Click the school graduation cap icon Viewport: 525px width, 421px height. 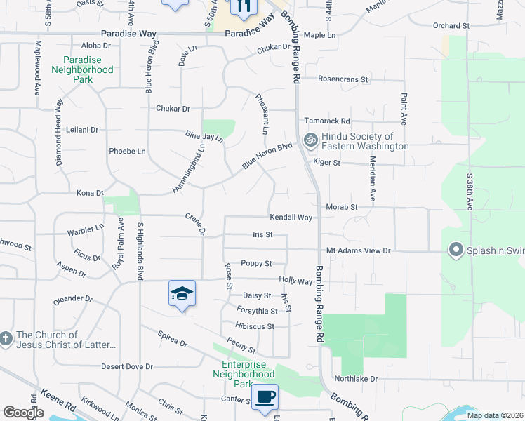coord(182,293)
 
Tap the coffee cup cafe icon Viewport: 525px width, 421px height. coord(265,396)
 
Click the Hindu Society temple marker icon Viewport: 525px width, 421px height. coord(310,140)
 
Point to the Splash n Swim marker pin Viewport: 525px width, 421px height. coord(456,250)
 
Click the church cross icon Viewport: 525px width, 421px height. coord(6,340)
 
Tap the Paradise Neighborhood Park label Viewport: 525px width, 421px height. coord(83,70)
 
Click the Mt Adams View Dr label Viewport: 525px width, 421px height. coord(358,250)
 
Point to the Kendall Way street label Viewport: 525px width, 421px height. coord(291,218)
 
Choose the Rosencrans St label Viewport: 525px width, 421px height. coord(343,79)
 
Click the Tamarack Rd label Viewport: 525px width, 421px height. coord(326,121)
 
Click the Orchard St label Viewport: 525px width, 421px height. coord(451,26)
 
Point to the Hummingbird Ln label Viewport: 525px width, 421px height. coord(188,168)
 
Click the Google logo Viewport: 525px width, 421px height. coord(23,413)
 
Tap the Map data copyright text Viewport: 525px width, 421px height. coord(493,415)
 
